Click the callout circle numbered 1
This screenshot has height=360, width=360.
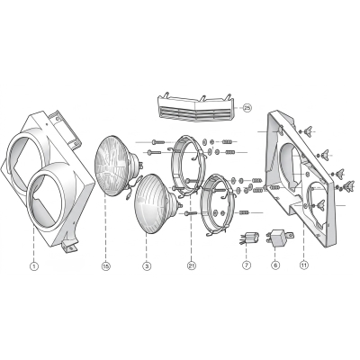pyautogui.click(x=34, y=266)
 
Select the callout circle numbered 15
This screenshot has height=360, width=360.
pyautogui.click(x=105, y=266)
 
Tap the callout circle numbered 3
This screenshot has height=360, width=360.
pyautogui.click(x=147, y=266)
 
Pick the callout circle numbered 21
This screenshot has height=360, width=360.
pyautogui.click(x=192, y=265)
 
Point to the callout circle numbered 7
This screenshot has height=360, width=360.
pyautogui.click(x=246, y=265)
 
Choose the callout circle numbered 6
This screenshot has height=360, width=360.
pyautogui.click(x=275, y=265)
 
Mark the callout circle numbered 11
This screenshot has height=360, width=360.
pyautogui.click(x=303, y=265)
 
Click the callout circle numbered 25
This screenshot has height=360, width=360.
pyautogui.click(x=247, y=108)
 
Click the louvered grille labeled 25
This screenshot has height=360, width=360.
pyautogui.click(x=196, y=108)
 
